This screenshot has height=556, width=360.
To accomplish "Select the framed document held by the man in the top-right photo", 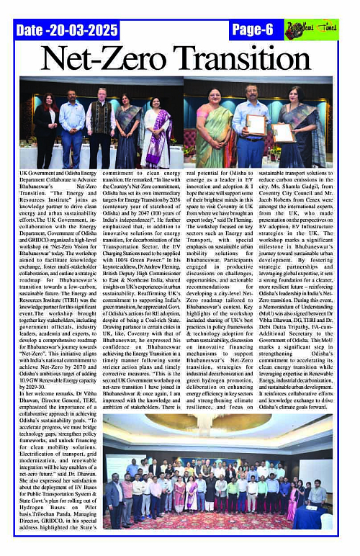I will pos(256,125).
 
